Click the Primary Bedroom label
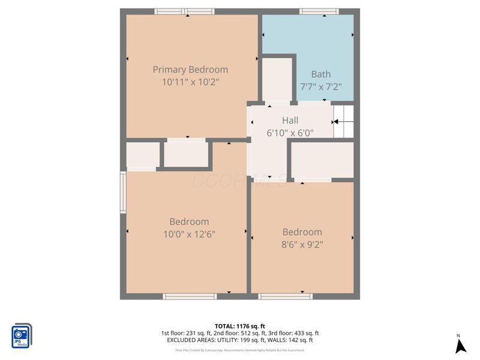[x=190, y=70]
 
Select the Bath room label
[x=320, y=74]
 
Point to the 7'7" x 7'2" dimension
[x=320, y=86]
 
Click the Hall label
[x=290, y=121]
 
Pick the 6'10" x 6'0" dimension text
[x=290, y=133]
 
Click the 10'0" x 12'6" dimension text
[x=189, y=233]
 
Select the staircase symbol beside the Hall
[x=344, y=121]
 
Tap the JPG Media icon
[x=22, y=335]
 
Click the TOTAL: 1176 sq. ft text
[x=239, y=326]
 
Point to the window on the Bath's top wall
[x=319, y=11]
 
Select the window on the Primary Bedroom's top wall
[x=184, y=11]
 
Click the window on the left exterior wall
[x=123, y=192]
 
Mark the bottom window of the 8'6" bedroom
[x=286, y=296]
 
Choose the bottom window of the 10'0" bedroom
[x=190, y=296]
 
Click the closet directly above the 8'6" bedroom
[x=322, y=160]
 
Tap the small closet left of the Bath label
[x=277, y=79]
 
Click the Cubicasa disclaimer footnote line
[x=239, y=350]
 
